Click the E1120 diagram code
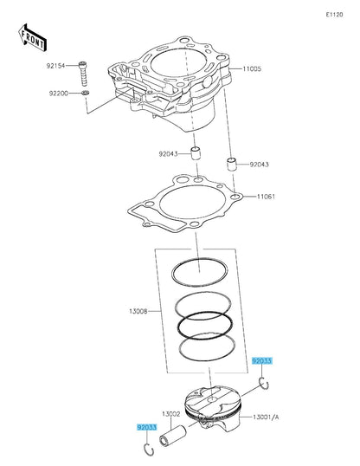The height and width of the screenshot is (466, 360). click(x=335, y=15)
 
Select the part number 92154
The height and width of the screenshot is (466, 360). click(x=56, y=66)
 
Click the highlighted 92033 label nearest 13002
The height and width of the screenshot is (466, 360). click(x=146, y=427)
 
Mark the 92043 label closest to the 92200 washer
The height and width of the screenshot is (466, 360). click(x=167, y=154)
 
